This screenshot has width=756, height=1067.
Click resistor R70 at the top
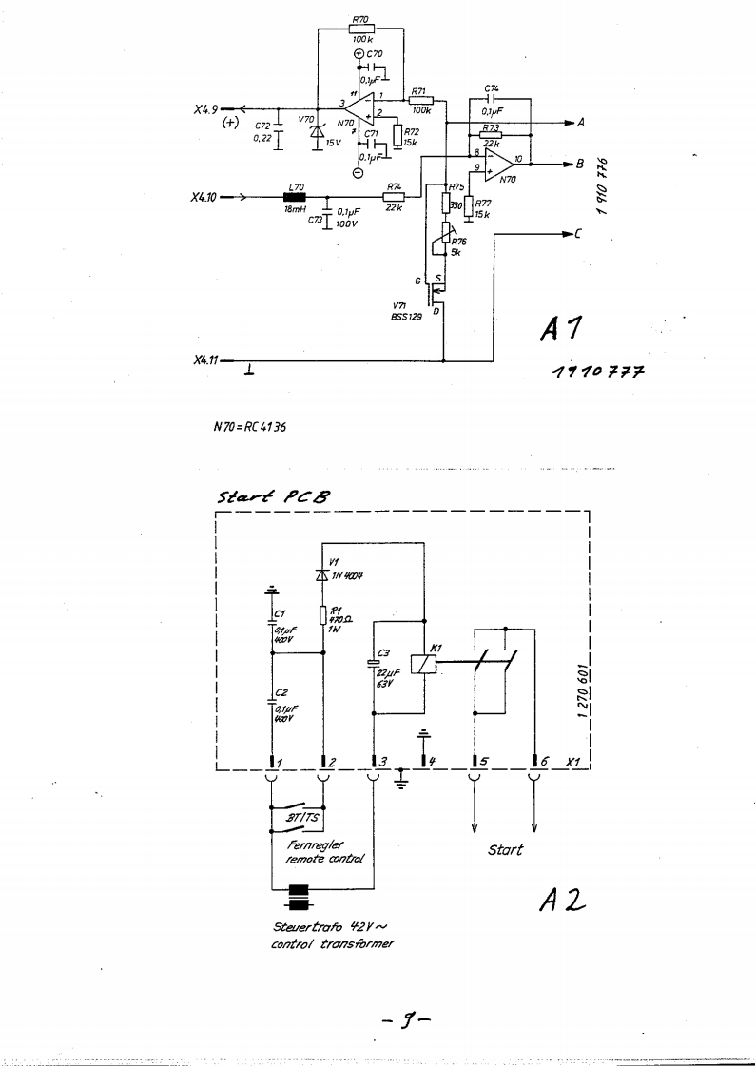[x=360, y=29]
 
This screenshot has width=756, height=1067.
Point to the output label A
[x=580, y=122]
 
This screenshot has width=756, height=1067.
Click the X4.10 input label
[x=204, y=198]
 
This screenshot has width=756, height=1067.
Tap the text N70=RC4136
[x=249, y=426]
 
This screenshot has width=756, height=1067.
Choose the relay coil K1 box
[x=419, y=665]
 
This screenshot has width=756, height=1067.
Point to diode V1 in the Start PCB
[x=324, y=575]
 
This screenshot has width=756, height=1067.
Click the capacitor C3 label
[x=383, y=652]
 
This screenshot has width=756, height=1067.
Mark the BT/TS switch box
[x=299, y=817]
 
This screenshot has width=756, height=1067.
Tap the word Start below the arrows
[x=505, y=849]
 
